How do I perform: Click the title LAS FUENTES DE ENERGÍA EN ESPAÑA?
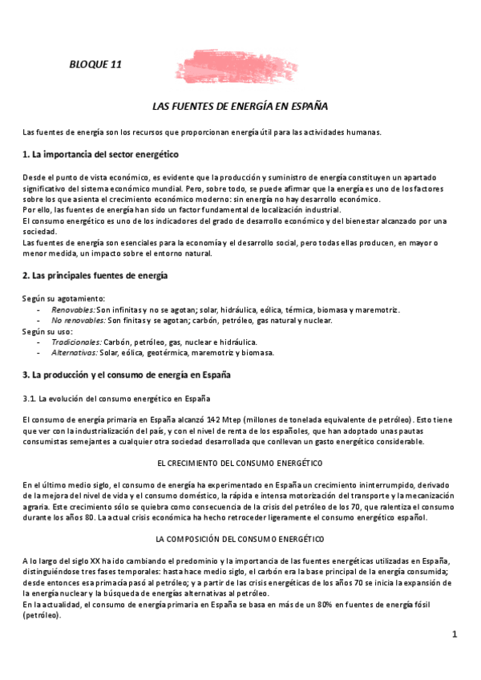pyautogui.click(x=240, y=106)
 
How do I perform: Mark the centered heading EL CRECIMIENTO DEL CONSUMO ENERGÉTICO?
pyautogui.click(x=240, y=463)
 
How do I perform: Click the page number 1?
pyautogui.click(x=454, y=634)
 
